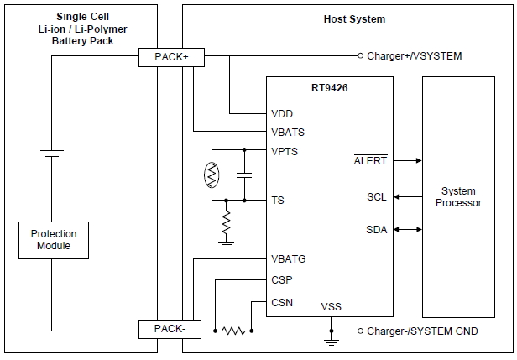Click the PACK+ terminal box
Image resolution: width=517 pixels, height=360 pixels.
(x=170, y=57)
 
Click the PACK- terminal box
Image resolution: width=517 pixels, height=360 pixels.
(x=170, y=330)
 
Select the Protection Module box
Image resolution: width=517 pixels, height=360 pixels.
(x=54, y=239)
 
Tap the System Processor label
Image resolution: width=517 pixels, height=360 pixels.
(x=458, y=197)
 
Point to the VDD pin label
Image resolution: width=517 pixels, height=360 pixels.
(x=282, y=113)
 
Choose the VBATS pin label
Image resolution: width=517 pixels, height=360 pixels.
(x=288, y=132)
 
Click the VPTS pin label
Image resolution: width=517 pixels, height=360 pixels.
(x=285, y=151)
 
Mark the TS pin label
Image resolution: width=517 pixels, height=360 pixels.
(x=278, y=201)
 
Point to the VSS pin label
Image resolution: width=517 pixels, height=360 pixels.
(x=331, y=306)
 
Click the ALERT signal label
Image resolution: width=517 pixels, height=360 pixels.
(x=370, y=159)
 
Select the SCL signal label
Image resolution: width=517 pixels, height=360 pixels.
(x=377, y=197)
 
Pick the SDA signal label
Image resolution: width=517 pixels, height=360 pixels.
(x=377, y=230)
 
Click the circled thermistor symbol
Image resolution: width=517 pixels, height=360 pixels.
(x=211, y=175)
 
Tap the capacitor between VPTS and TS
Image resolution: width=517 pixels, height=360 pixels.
(x=244, y=175)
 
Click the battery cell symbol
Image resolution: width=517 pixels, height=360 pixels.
(x=52, y=154)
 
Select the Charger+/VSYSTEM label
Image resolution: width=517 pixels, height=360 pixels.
(x=415, y=57)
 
